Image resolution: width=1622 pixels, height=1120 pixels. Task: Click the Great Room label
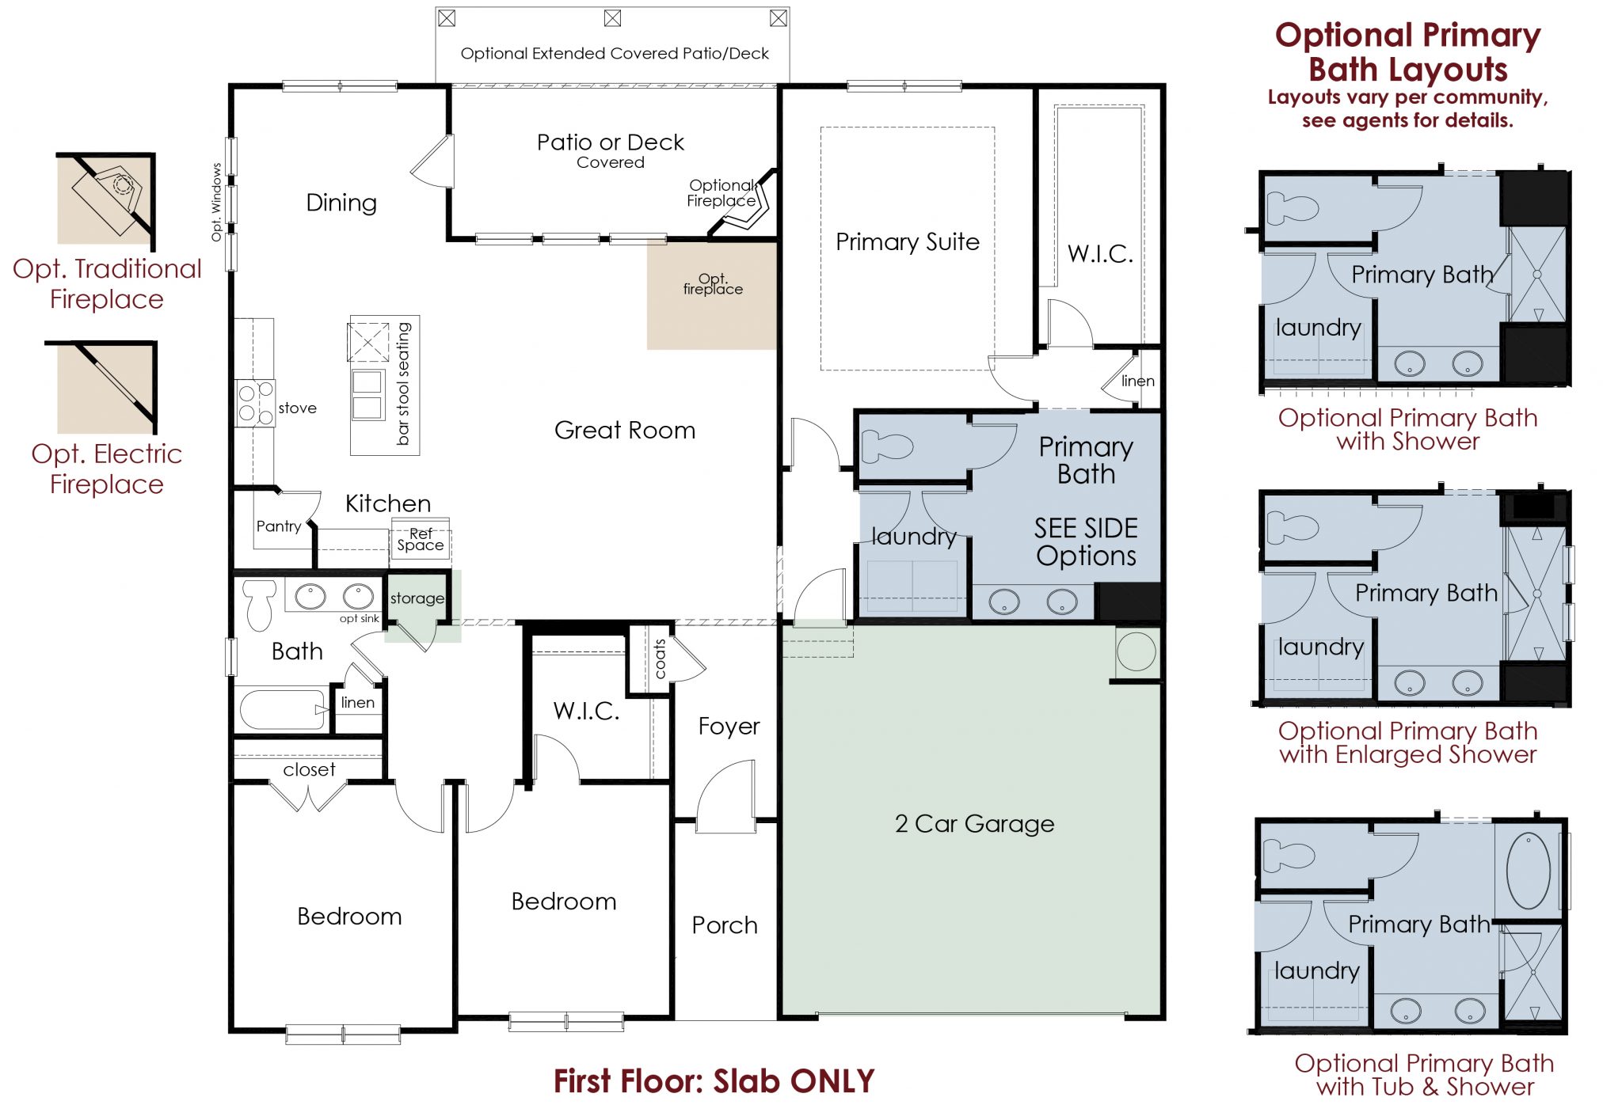tap(625, 430)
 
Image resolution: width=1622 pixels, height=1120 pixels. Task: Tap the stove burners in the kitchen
tap(255, 404)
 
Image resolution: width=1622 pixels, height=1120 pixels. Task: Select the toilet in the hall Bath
tap(259, 605)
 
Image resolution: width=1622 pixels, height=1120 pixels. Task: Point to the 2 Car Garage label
tap(974, 824)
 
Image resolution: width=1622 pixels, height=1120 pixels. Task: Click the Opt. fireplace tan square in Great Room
tap(711, 294)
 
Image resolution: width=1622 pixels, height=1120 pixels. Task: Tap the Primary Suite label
tap(908, 241)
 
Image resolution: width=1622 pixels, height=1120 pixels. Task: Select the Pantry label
tap(279, 526)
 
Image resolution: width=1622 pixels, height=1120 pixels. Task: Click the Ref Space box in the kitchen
tap(421, 539)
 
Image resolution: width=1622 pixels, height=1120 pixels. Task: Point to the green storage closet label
tap(417, 599)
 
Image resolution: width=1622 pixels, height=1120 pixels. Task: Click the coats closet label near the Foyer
tap(659, 659)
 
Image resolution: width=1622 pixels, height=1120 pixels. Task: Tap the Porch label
tap(725, 925)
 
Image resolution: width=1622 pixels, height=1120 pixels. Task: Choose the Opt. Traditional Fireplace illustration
tap(106, 199)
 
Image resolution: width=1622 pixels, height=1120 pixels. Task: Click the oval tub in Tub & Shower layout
tap(1528, 871)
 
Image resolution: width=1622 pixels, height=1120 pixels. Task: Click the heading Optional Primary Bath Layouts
tap(1407, 52)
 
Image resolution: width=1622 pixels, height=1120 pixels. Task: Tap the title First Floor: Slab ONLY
tap(714, 1081)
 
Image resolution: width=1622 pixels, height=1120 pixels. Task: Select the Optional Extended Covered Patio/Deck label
tap(615, 54)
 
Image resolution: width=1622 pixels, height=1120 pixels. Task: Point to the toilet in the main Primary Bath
tap(887, 446)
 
